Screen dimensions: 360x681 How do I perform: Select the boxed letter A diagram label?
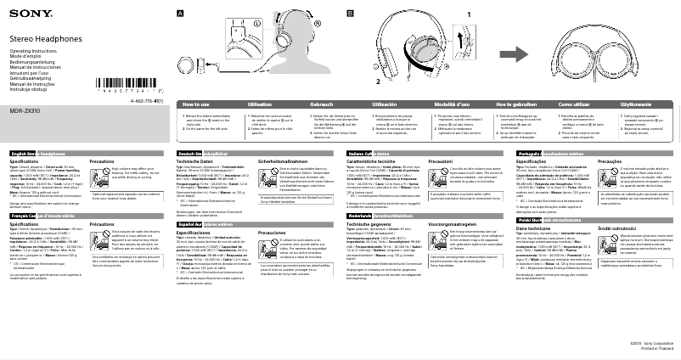click(x=179, y=14)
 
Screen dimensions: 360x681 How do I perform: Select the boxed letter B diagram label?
click(x=351, y=14)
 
